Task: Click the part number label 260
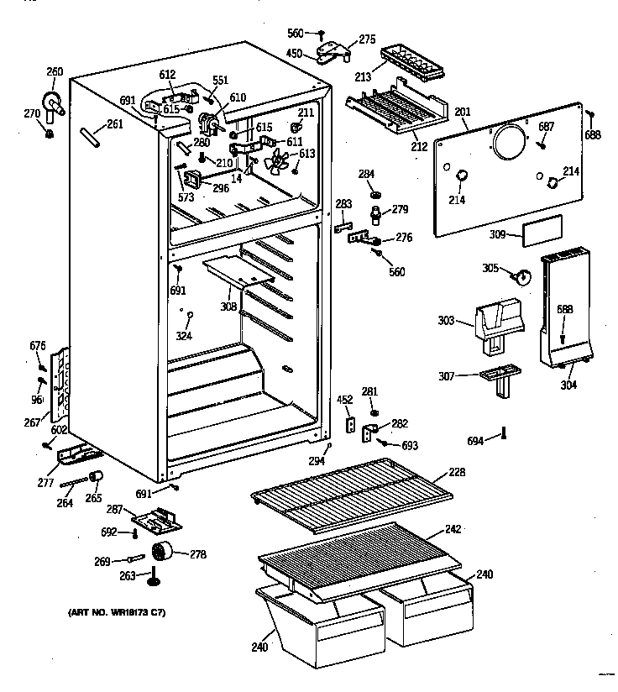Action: pyautogui.click(x=54, y=71)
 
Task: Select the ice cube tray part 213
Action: pyautogui.click(x=412, y=61)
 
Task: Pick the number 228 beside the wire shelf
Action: pyautogui.click(x=456, y=473)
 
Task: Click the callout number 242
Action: pyautogui.click(x=453, y=531)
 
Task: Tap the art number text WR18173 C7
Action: pyautogui.click(x=118, y=613)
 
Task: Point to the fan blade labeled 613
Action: pyautogui.click(x=276, y=160)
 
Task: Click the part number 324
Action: pyautogui.click(x=184, y=336)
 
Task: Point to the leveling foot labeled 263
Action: pyautogui.click(x=154, y=579)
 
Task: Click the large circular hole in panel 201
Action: pyautogui.click(x=508, y=142)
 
